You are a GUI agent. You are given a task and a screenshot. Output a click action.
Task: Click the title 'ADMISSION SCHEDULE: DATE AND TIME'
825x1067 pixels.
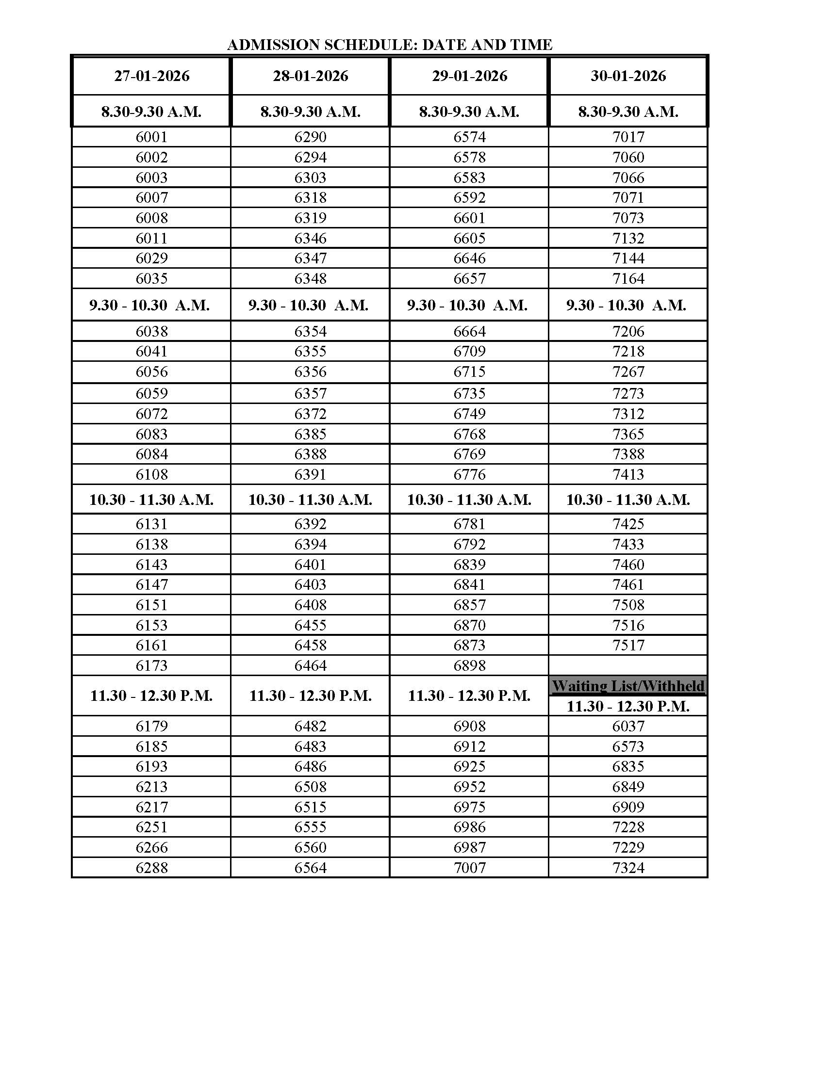[x=390, y=45]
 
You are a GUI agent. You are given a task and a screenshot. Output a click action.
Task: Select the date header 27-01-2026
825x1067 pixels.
[x=151, y=76]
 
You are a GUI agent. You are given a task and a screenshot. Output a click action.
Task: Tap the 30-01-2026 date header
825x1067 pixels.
[x=628, y=76]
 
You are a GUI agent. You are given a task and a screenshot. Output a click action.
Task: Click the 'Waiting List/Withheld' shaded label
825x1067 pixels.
[x=628, y=686]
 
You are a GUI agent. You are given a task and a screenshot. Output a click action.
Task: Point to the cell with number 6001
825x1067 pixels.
[x=151, y=137]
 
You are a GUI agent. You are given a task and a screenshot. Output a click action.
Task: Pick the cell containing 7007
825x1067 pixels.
[x=469, y=868]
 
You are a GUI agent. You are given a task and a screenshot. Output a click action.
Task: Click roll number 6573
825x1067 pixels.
[x=628, y=746]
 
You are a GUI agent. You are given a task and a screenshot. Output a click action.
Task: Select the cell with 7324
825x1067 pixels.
[x=628, y=868]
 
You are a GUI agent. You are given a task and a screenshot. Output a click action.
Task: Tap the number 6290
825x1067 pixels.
[x=311, y=137]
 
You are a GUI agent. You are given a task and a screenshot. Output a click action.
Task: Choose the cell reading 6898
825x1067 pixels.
[x=469, y=665]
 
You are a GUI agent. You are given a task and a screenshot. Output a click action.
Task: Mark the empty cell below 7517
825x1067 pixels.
[x=628, y=665]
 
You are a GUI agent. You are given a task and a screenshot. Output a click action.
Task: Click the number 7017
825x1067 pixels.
[x=628, y=137]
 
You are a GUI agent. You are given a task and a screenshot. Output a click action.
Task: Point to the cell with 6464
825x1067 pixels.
[x=311, y=665]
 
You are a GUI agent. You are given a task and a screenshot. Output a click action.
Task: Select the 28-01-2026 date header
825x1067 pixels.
[x=311, y=76]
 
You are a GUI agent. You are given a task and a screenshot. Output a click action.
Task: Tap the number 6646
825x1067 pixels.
[x=469, y=259]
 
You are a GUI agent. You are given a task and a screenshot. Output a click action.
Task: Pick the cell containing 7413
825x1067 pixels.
[x=628, y=474]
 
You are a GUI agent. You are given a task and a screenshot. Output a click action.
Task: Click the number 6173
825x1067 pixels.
[x=151, y=665]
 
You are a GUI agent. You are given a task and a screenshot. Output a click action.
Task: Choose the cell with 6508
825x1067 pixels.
[x=311, y=787]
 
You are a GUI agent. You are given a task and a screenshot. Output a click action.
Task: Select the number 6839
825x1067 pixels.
[x=469, y=564]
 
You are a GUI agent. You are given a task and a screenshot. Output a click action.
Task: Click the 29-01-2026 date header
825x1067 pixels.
[x=469, y=76]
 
